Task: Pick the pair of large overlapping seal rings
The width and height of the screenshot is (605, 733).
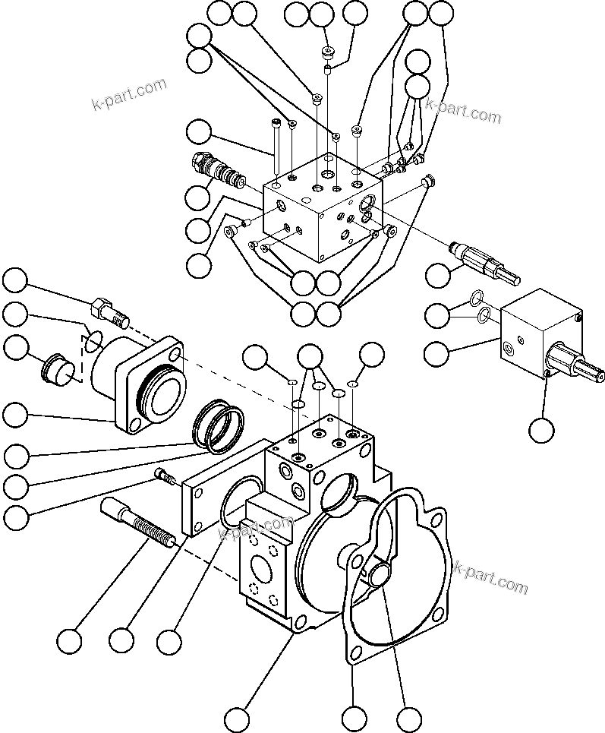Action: [x=219, y=427]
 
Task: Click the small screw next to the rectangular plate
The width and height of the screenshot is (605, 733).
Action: [x=165, y=476]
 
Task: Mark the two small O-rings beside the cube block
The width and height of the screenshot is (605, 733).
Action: [x=477, y=305]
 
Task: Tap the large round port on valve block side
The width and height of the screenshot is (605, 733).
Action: [x=366, y=202]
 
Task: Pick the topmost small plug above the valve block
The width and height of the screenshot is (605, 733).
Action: [x=329, y=52]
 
